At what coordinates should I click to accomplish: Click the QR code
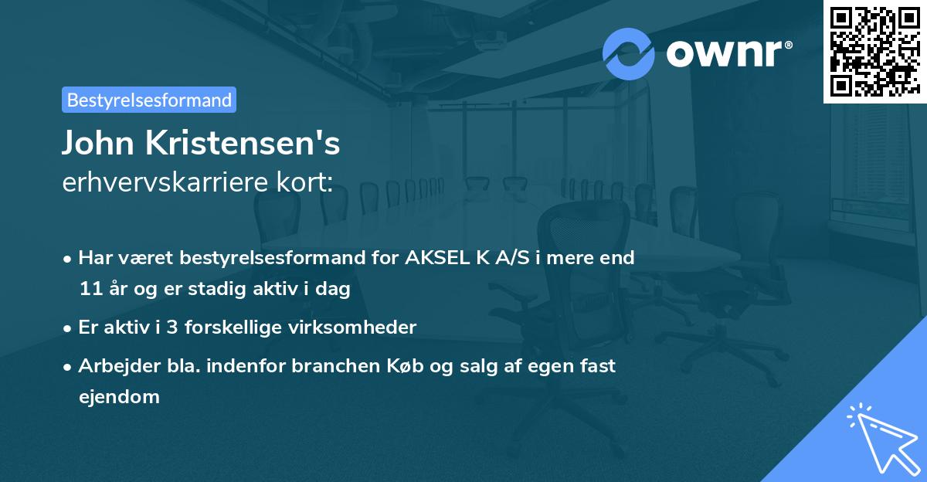[x=874, y=51]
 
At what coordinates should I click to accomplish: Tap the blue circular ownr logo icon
[x=628, y=53]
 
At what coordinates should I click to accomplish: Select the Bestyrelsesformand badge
[x=149, y=100]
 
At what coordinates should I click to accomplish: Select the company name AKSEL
[x=433, y=258]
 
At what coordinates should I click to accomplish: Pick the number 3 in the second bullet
[x=173, y=328]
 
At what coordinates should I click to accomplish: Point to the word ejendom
[x=119, y=397]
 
